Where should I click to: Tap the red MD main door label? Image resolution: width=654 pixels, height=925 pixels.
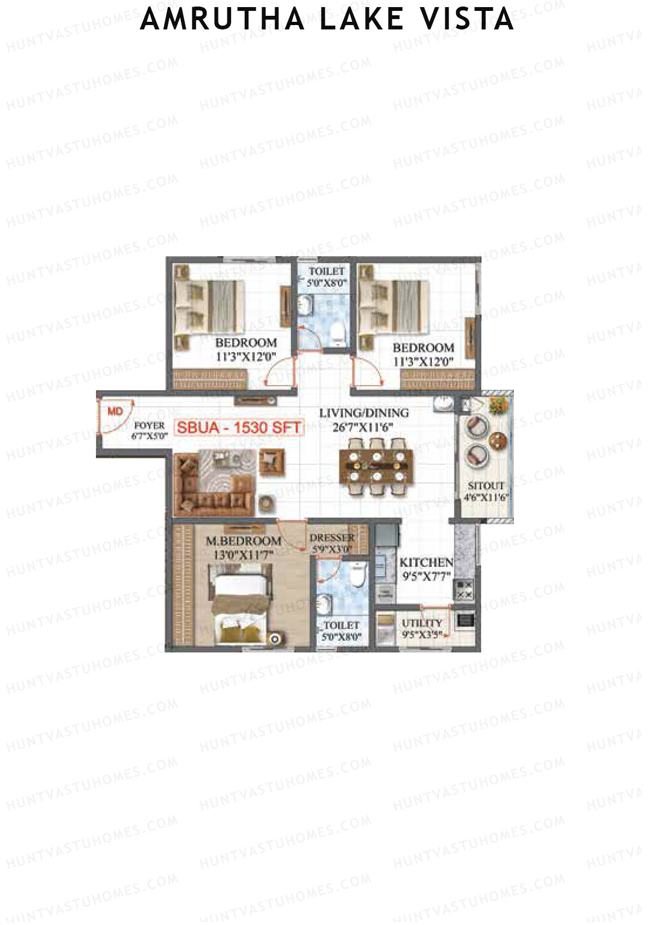point(115,412)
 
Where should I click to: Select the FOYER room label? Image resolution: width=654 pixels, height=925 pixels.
point(149,425)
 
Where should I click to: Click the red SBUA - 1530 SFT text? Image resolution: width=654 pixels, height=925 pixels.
point(239,428)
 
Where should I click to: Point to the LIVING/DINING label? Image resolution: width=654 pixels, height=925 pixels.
point(364,413)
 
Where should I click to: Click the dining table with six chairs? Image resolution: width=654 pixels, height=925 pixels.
point(376,467)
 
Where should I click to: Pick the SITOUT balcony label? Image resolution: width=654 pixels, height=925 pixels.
point(486,485)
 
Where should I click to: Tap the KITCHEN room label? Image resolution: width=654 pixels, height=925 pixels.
point(426,563)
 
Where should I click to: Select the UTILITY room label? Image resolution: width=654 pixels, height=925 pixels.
point(422,623)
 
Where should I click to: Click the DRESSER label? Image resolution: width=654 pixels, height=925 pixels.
point(332,538)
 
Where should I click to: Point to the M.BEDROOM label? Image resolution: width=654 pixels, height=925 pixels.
point(243,541)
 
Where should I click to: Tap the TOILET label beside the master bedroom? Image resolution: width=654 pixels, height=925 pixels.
point(341,625)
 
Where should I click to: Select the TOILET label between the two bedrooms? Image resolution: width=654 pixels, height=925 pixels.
point(327,271)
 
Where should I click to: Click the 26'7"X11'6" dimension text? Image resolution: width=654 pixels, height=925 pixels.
point(362,427)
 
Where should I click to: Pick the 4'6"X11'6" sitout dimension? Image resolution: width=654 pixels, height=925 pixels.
point(486,497)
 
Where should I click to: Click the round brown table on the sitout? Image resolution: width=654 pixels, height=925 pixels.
point(498,440)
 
